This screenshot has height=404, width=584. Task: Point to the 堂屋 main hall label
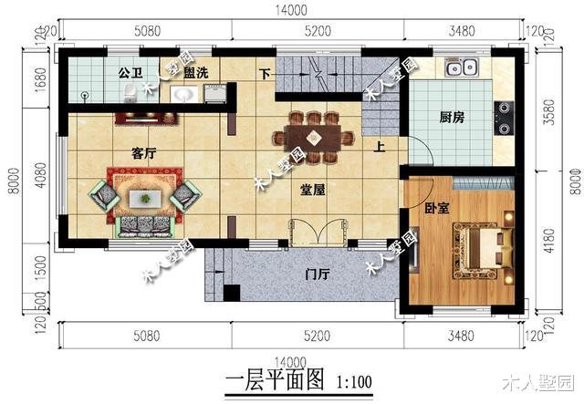[x=314, y=190]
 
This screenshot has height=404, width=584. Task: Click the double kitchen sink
[x=462, y=67]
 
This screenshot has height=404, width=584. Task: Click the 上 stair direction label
[x=378, y=146]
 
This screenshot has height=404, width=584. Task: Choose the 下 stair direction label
[x=266, y=73]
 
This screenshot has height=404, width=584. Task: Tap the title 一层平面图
[x=274, y=381]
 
